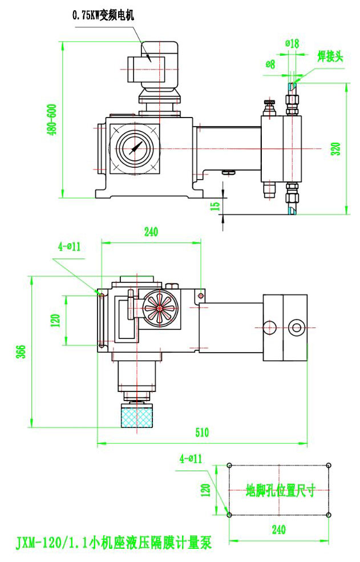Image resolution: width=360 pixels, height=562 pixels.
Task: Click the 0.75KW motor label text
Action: click(x=103, y=17)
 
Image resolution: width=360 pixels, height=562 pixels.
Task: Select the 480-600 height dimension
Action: click(x=52, y=120)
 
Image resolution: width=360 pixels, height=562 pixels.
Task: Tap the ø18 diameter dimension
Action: click(x=292, y=43)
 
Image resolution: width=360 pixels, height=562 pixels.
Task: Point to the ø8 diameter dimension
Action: click(x=270, y=64)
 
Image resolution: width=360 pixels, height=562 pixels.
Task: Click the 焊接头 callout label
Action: click(x=330, y=56)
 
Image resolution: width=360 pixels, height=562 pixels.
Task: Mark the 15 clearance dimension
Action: click(x=215, y=205)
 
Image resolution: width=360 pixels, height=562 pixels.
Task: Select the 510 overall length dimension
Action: click(x=202, y=432)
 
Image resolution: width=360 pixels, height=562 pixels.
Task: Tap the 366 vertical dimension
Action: click(x=21, y=352)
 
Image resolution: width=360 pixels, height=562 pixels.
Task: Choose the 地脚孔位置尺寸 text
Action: click(x=280, y=491)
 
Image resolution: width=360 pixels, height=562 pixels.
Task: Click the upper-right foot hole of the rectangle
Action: click(x=329, y=465)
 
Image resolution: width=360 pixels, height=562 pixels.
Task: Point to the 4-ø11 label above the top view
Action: click(x=69, y=246)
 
